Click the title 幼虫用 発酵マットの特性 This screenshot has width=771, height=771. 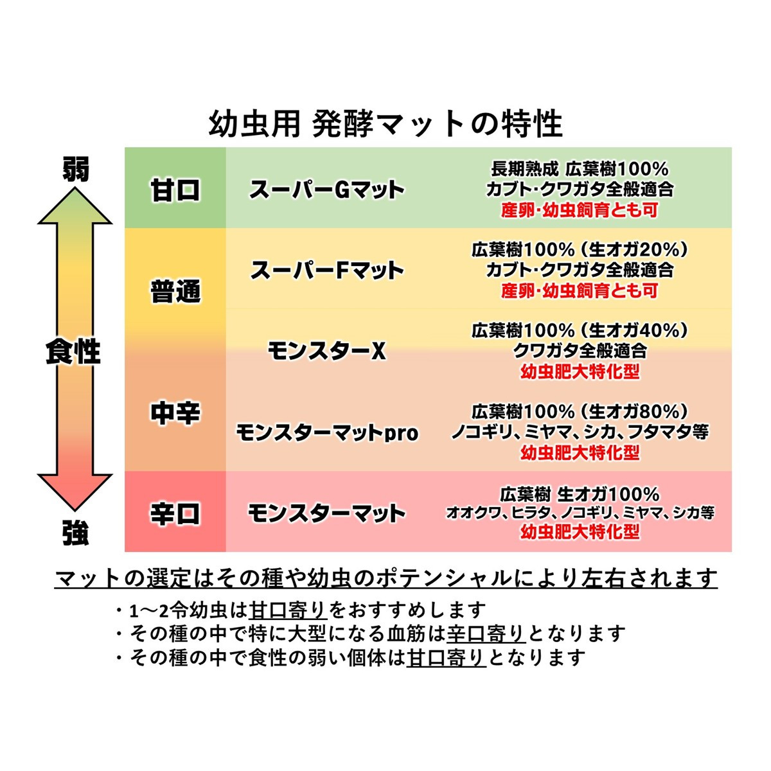click(385, 123)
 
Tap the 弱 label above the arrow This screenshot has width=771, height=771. click(75, 170)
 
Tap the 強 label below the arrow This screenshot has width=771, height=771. click(75, 533)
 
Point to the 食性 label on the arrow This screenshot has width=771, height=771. click(74, 351)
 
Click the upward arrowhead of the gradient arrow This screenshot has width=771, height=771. click(75, 206)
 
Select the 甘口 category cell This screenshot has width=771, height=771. click(175, 190)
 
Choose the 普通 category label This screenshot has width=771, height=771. click(175, 291)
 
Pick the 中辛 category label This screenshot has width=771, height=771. click(175, 413)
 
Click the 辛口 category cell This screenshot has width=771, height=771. click(175, 514)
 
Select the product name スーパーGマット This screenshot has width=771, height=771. click(326, 190)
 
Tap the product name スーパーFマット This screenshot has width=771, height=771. click(326, 270)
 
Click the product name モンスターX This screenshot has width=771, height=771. click(326, 351)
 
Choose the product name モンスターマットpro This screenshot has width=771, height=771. click(326, 432)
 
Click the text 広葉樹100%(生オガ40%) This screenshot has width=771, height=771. click(580, 330)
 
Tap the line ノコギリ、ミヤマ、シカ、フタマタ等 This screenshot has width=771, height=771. click(580, 431)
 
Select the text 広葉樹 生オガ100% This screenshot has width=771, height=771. click(580, 494)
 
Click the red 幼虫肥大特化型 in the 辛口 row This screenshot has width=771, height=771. click(580, 533)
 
